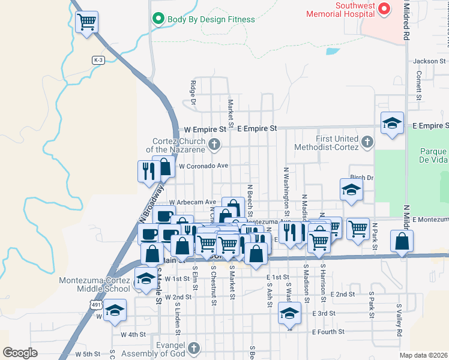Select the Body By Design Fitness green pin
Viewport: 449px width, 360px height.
(159, 19)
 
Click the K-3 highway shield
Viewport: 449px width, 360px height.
(98, 60)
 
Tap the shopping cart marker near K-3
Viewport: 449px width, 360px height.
(88, 22)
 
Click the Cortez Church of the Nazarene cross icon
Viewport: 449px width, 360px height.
(214, 144)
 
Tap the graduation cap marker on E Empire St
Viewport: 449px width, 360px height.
(392, 123)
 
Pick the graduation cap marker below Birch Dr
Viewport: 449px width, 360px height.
(351, 190)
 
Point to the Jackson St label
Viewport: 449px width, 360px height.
(429, 61)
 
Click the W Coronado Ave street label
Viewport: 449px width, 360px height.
(204, 166)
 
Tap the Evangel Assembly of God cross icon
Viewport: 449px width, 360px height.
(193, 348)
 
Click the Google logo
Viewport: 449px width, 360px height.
(20, 353)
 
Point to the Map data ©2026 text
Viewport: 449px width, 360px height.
(423, 355)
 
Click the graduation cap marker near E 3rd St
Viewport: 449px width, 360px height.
(289, 313)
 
